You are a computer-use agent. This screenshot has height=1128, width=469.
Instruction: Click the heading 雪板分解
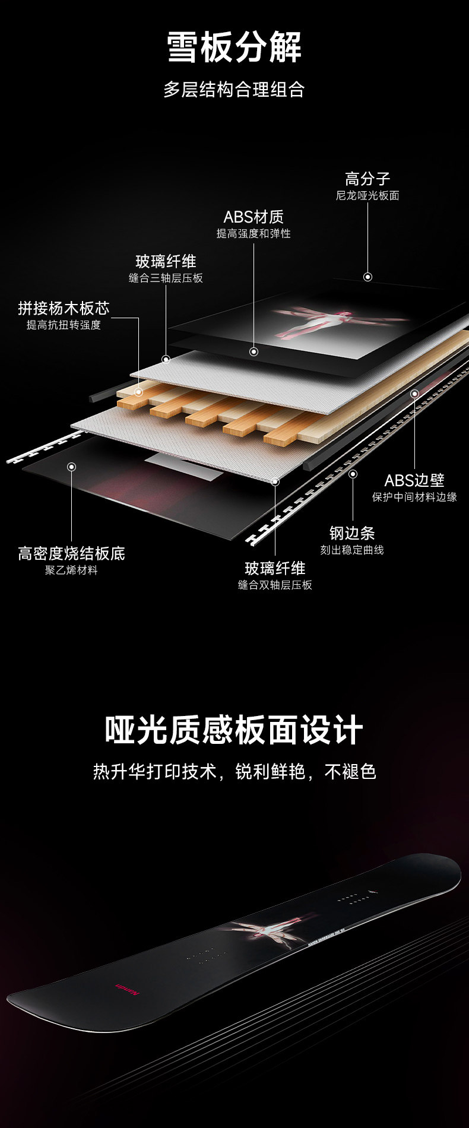click(234, 47)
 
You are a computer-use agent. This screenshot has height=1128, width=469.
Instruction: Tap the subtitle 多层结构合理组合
click(234, 90)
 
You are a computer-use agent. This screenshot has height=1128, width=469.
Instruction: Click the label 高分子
click(367, 178)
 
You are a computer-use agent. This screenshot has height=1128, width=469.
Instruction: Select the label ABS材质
click(253, 217)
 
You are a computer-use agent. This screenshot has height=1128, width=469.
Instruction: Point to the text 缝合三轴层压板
click(166, 278)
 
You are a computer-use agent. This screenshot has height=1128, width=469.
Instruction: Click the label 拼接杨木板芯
click(64, 308)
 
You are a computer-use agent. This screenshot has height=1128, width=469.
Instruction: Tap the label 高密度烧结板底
click(71, 553)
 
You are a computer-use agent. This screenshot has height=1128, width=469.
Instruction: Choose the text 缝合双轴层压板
click(275, 585)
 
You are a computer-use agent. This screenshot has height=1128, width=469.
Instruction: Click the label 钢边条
click(352, 533)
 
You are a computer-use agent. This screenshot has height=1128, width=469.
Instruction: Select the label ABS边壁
click(414, 480)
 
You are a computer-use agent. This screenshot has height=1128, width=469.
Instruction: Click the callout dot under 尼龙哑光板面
click(368, 277)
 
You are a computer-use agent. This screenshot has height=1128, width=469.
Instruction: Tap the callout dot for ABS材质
click(253, 351)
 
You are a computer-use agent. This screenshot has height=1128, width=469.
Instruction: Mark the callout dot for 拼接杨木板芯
click(138, 392)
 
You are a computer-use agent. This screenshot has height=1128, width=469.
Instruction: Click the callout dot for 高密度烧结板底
click(71, 467)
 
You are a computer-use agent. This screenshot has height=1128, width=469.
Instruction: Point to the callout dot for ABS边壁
click(414, 394)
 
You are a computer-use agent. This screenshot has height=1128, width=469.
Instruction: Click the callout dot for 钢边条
click(353, 474)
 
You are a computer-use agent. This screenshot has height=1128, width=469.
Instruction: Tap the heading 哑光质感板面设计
click(234, 730)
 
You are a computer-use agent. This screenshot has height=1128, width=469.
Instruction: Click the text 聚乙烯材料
click(71, 570)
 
